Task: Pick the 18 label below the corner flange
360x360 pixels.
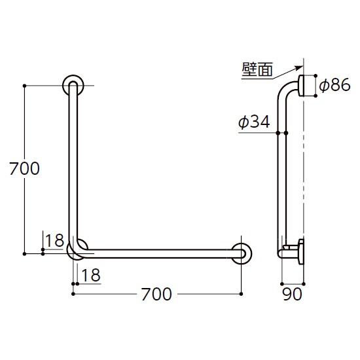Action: coord(92,275)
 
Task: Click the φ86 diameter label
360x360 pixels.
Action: coord(336,85)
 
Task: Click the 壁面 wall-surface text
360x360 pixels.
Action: coord(257,71)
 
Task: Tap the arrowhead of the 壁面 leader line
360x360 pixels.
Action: coord(302,65)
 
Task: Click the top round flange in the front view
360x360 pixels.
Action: coord(73,86)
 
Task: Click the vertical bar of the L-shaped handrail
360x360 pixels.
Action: coord(73,164)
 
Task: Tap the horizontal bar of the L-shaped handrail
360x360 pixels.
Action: coord(157,253)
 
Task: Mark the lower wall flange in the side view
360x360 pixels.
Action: coord(301,251)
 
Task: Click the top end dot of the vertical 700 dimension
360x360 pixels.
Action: coord(25,86)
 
